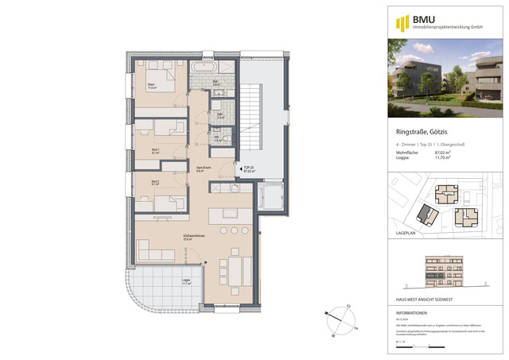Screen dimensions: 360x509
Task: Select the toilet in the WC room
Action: (x=227, y=140)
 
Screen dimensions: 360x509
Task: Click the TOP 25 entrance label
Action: (x=248, y=168)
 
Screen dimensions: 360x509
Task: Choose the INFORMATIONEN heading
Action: (x=417, y=313)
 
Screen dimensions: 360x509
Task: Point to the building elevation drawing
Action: (x=445, y=273)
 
